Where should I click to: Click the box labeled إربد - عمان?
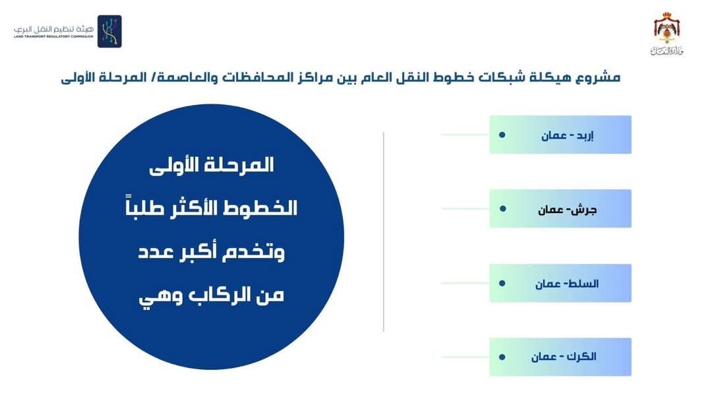pyautogui.click(x=560, y=135)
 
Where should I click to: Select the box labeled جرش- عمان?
pyautogui.click(x=560, y=208)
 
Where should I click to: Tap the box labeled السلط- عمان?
pyautogui.click(x=560, y=283)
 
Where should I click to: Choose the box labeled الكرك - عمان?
pyautogui.click(x=560, y=357)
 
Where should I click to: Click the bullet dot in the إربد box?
pyautogui.click(x=502, y=135)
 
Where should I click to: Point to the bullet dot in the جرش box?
pyautogui.click(x=502, y=208)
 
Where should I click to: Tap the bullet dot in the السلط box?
pyautogui.click(x=502, y=283)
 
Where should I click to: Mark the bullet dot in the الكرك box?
pyautogui.click(x=502, y=357)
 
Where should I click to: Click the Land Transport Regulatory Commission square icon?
pyautogui.click(x=109, y=32)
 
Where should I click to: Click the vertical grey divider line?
pyautogui.click(x=384, y=231)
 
